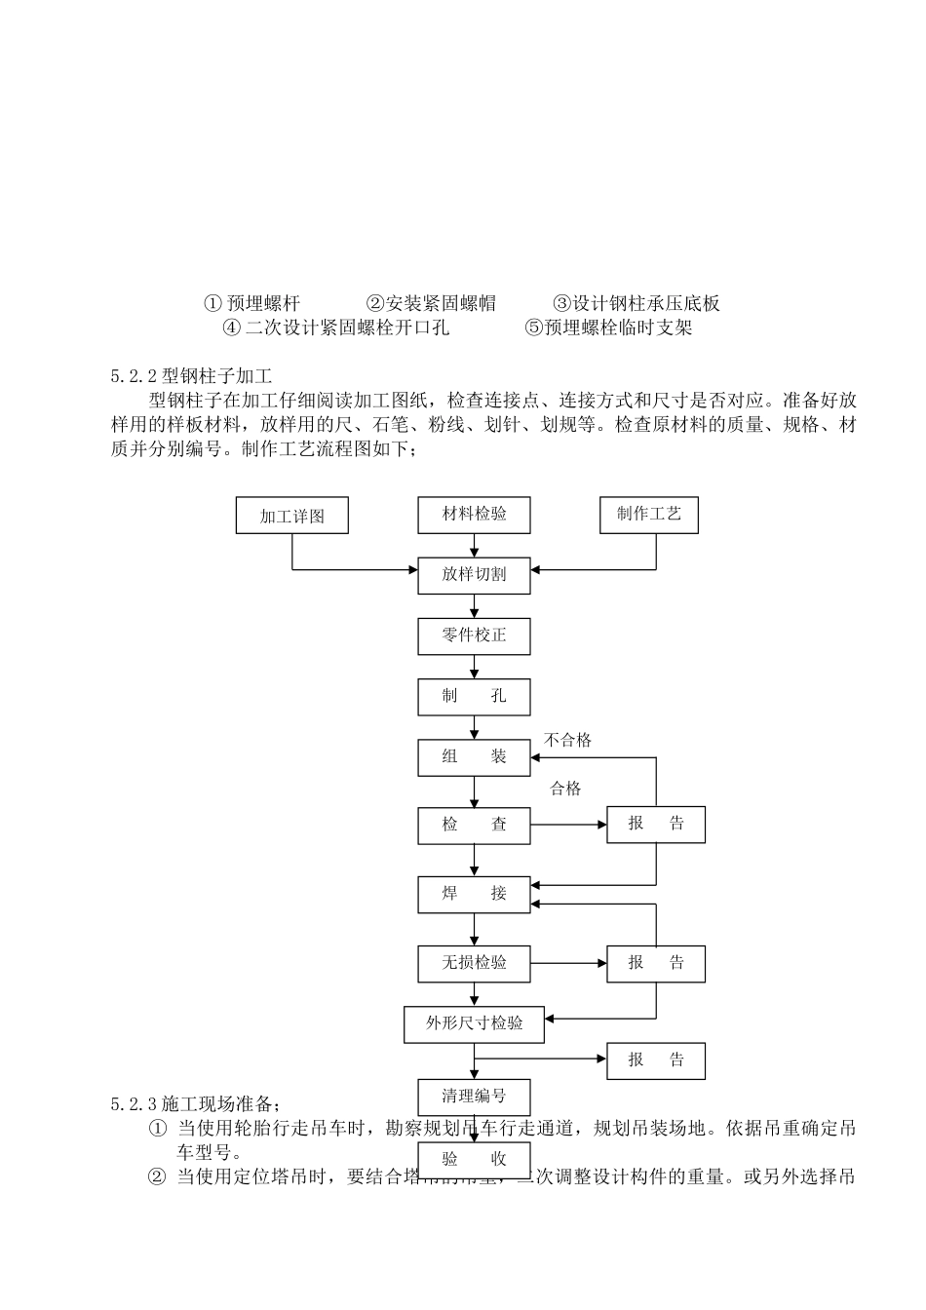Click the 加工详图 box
pyautogui.click(x=292, y=516)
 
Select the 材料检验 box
pyautogui.click(x=475, y=515)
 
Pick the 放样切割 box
pyautogui.click(x=475, y=575)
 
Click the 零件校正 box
pyautogui.click(x=475, y=636)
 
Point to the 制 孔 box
pyautogui.click(x=475, y=697)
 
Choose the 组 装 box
pyautogui.click(x=475, y=757)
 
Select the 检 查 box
pyautogui.click(x=475, y=825)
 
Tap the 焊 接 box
pyautogui.click(x=475, y=894)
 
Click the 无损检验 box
pyautogui.click(x=475, y=963)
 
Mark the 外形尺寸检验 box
pyautogui.click(x=475, y=1023)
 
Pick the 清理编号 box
pyautogui.click(x=475, y=1097)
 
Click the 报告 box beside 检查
pyautogui.click(x=656, y=825)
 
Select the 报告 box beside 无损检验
pyautogui.click(x=656, y=963)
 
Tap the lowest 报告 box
pyautogui.click(x=656, y=1060)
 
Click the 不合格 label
pyautogui.click(x=567, y=740)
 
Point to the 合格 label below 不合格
pyautogui.click(x=565, y=789)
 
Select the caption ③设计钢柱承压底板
pyautogui.click(x=637, y=303)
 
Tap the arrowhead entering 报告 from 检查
pyautogui.click(x=601, y=825)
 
